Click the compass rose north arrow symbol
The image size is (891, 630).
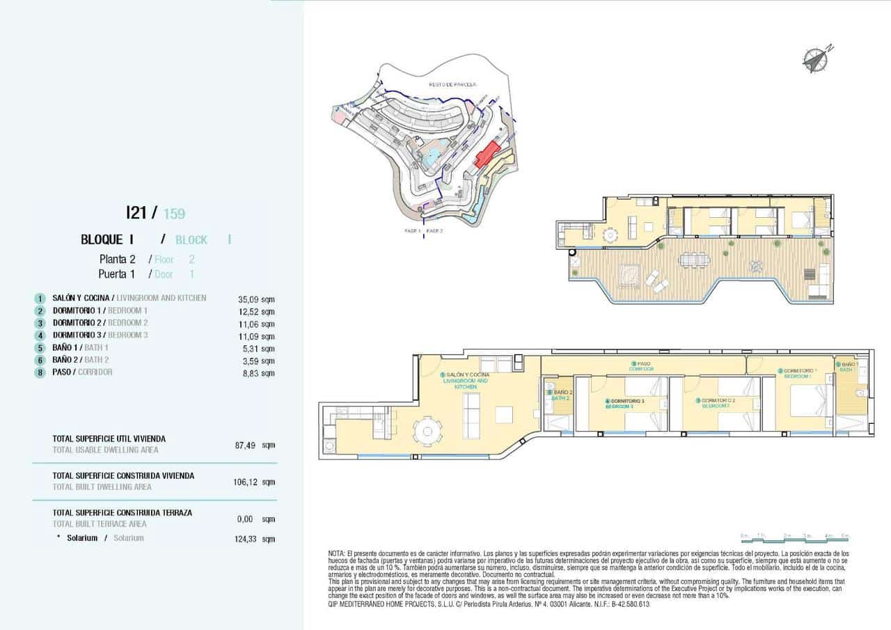click(814, 60)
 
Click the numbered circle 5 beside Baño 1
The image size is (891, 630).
click(40, 348)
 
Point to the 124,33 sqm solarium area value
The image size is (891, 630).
click(255, 539)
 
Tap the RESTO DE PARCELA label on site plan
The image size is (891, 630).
click(452, 84)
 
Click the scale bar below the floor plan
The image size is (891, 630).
click(794, 537)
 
